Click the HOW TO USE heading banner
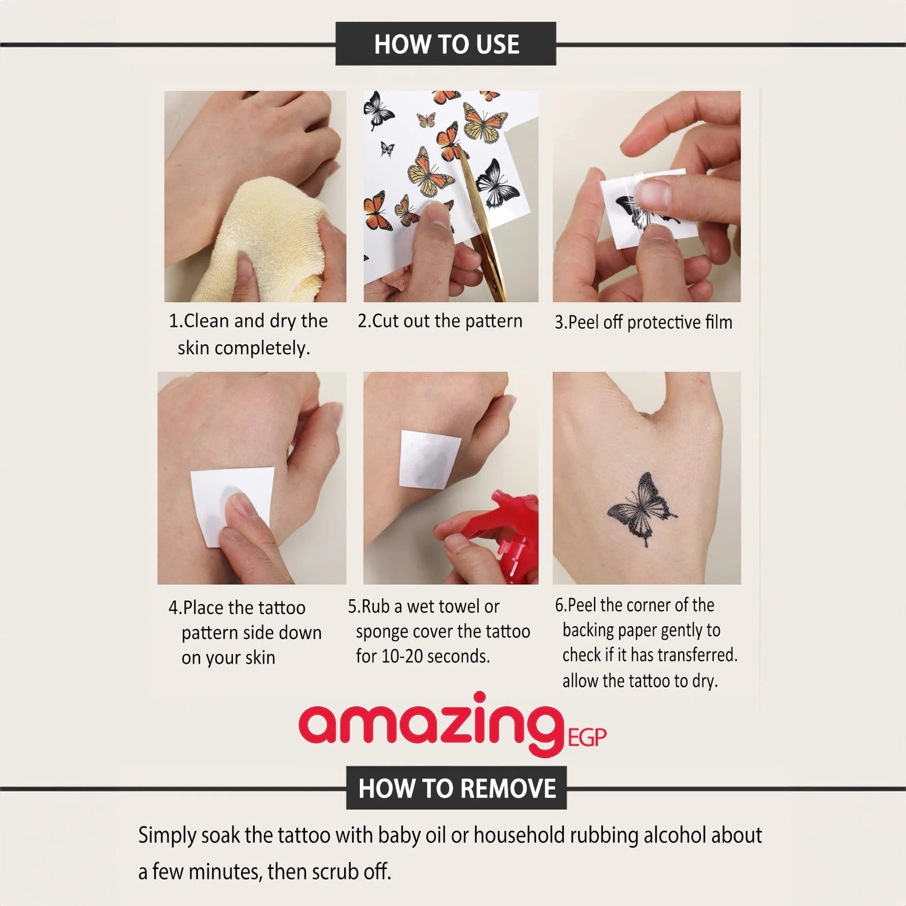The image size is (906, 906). click(x=446, y=44)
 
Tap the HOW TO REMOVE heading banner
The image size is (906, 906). click(x=456, y=788)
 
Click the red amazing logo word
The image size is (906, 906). click(x=432, y=723)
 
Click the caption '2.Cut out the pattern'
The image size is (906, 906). click(x=440, y=321)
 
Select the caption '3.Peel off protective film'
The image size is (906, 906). click(x=643, y=322)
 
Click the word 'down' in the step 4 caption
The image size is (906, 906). click(x=300, y=633)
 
